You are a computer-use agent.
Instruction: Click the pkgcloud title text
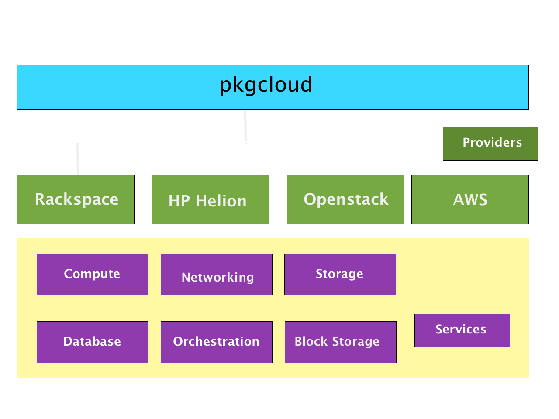[266, 85]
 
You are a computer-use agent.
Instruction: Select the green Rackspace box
[76, 199]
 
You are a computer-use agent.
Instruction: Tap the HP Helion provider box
[210, 199]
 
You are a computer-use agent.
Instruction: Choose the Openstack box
[345, 199]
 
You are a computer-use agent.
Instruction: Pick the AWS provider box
[470, 199]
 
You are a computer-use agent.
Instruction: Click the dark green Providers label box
[490, 144]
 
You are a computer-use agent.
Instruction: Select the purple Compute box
[93, 274]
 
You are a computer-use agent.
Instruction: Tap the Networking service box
[217, 274]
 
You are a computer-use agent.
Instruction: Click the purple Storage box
[340, 274]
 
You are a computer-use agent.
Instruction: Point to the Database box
[93, 342]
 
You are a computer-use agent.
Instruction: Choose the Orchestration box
[217, 342]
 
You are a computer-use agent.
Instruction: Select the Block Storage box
[341, 342]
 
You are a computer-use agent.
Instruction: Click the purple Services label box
[462, 330]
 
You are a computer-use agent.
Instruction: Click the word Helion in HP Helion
[221, 201]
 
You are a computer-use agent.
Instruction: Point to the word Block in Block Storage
[311, 341]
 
